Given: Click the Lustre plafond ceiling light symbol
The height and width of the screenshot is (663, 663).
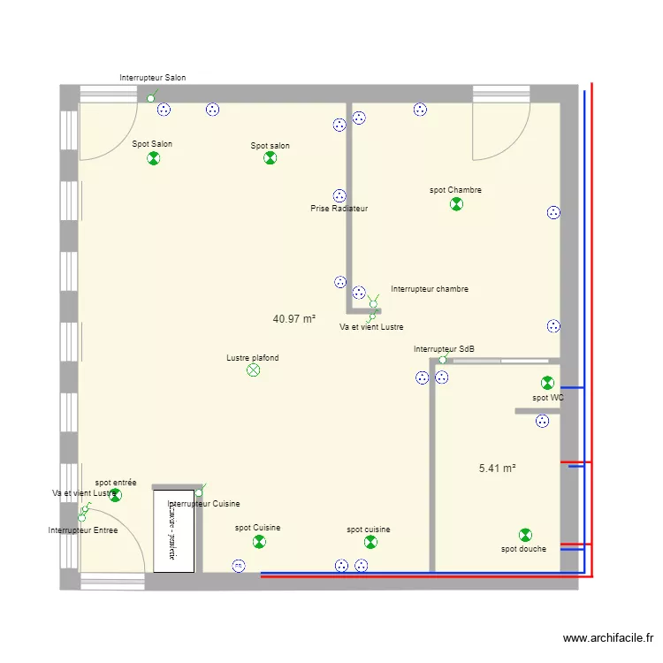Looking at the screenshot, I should pyautogui.click(x=254, y=371).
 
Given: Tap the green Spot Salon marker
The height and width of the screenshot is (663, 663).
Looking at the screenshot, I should pyautogui.click(x=154, y=158).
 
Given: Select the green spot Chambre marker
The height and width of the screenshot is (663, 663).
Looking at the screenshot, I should pyautogui.click(x=456, y=204).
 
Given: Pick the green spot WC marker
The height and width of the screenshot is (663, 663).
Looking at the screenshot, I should pyautogui.click(x=547, y=383).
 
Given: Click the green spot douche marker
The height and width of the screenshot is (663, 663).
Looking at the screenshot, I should pyautogui.click(x=525, y=535).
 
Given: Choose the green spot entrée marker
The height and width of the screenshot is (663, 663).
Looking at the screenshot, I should pyautogui.click(x=115, y=495).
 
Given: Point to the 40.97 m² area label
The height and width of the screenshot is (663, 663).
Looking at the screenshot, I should pyautogui.click(x=294, y=319).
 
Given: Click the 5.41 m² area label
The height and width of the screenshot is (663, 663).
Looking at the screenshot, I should pyautogui.click(x=497, y=469).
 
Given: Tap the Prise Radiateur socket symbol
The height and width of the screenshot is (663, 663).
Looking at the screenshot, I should pyautogui.click(x=339, y=195).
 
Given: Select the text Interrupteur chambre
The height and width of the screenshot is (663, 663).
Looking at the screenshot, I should pyautogui.click(x=430, y=289).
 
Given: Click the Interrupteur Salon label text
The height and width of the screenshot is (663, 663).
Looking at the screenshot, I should pyautogui.click(x=153, y=78).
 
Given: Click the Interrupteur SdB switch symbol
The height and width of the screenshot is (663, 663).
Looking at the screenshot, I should pyautogui.click(x=443, y=360).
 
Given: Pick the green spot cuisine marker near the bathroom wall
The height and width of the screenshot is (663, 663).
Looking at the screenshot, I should pyautogui.click(x=370, y=542).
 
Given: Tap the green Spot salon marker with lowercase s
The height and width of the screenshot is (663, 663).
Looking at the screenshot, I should pyautogui.click(x=271, y=158).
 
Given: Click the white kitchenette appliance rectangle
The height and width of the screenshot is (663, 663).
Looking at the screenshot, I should pyautogui.click(x=173, y=530).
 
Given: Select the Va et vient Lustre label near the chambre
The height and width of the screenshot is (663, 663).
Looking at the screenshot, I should pyautogui.click(x=371, y=327).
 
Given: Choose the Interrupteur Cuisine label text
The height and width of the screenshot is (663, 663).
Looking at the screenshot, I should pyautogui.click(x=203, y=504).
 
